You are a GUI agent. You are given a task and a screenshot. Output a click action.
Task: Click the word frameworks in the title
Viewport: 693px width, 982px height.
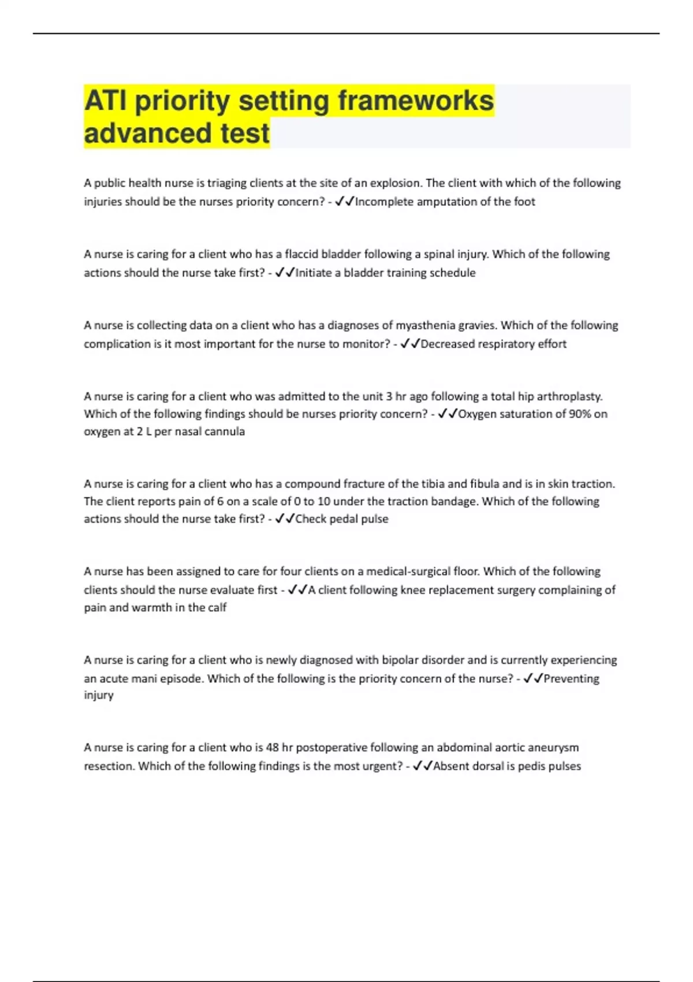tap(416, 101)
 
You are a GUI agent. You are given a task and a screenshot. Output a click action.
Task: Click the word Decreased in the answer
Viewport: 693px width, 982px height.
tap(448, 344)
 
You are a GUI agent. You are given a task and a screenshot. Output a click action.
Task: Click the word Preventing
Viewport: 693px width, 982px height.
tap(571, 678)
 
